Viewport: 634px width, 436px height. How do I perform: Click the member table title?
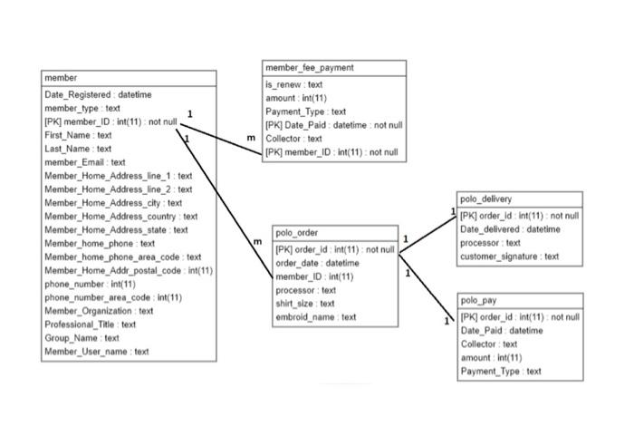62,79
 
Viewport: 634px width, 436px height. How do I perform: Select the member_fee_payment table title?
310,68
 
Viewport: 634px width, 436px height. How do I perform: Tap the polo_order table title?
296,233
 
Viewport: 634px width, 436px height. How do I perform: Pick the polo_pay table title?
479,300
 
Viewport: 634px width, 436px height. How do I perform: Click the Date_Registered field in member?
98,94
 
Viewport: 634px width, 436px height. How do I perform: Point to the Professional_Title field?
91,324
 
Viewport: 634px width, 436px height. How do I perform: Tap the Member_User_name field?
97,351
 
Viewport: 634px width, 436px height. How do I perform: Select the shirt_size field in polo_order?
305,304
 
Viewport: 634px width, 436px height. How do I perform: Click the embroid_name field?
316,317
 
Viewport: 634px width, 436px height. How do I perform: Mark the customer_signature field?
510,257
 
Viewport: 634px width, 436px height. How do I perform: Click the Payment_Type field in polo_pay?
501,371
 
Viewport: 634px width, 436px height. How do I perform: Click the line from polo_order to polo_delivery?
427,231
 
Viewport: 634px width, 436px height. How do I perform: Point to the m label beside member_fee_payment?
251,137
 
